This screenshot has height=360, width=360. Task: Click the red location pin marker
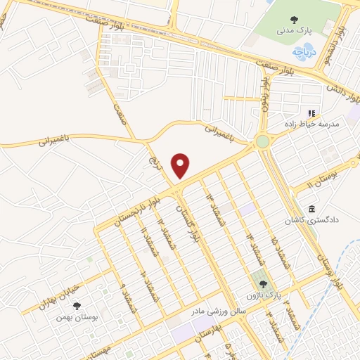pyautogui.click(x=181, y=165)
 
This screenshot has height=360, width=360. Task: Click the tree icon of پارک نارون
pyautogui.click(x=263, y=284)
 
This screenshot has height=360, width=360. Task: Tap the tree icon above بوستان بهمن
pyautogui.click(x=77, y=305)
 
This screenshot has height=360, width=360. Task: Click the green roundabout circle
pyautogui.click(x=263, y=142)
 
